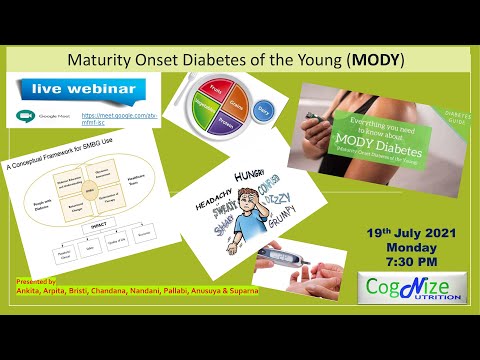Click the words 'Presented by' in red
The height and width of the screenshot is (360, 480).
tap(40, 283)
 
